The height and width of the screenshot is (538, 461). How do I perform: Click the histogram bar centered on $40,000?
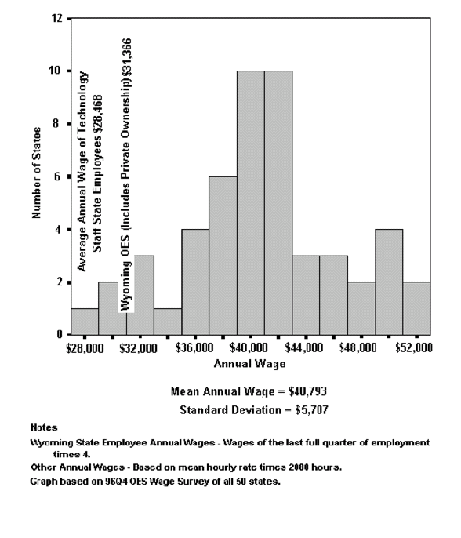pos(250,202)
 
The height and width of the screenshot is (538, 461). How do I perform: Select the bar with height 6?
pos(223,256)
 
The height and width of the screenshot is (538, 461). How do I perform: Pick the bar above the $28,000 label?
pos(85,322)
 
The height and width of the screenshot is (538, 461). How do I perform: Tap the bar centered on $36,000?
pos(195,282)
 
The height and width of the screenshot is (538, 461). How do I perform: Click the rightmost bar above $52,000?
pos(417,308)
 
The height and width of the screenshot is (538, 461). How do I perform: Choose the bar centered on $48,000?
pos(361,308)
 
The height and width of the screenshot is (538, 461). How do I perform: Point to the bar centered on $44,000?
pos(306,295)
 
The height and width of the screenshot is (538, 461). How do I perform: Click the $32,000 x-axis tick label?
pos(138,348)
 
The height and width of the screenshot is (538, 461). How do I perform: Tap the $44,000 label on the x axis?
pos(304,348)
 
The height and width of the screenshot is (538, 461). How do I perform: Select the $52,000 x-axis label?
pos(414,348)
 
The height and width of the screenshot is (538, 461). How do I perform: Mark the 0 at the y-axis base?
pos(60,334)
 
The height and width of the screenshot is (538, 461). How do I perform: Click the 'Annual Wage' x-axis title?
pos(249,364)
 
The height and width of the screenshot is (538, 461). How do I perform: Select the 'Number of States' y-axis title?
pos(36,173)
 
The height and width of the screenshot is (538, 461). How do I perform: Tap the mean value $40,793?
pos(307,391)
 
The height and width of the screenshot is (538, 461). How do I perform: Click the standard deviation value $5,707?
pos(312,410)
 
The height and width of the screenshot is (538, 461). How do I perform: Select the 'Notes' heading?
pos(44,428)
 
